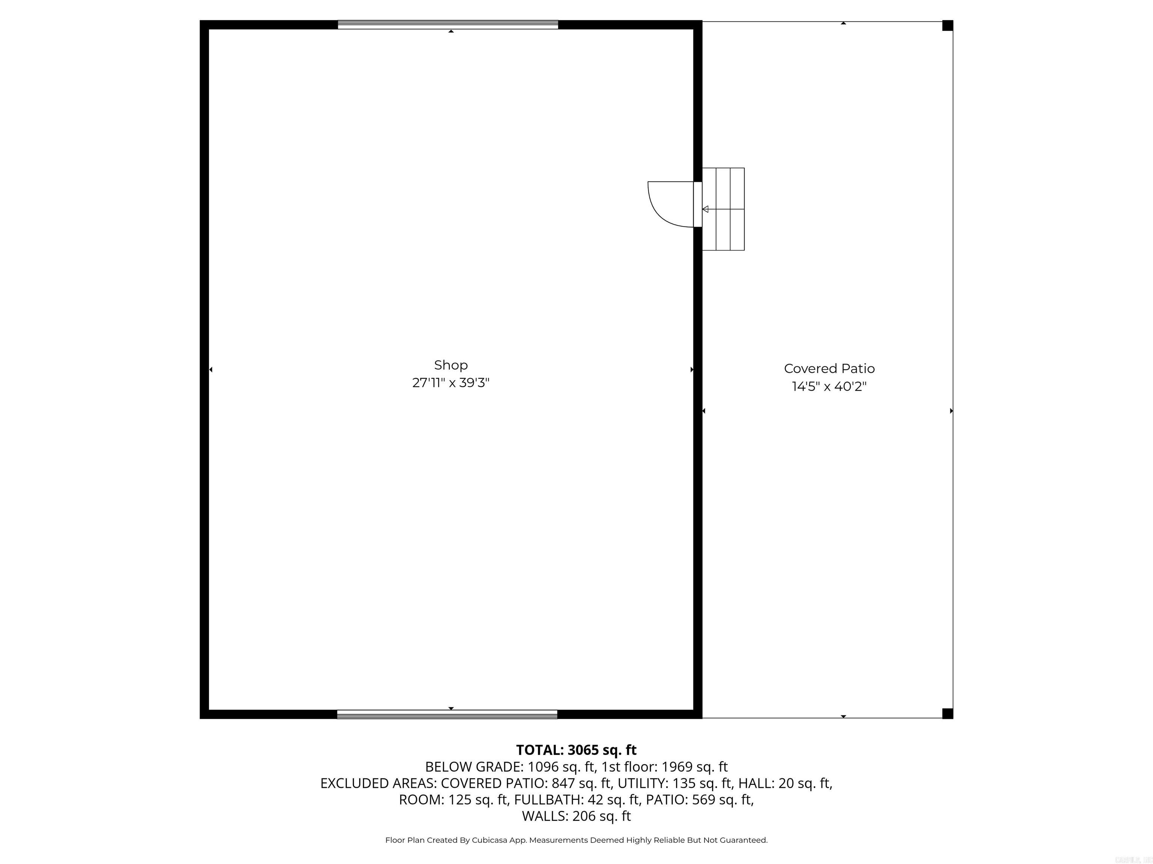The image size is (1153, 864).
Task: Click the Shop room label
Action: (x=451, y=365)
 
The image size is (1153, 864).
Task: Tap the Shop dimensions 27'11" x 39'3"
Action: (x=451, y=383)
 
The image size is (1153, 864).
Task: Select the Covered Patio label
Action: (x=829, y=369)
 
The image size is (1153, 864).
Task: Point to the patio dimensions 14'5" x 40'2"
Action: (x=829, y=386)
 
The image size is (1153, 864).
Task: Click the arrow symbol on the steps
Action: (x=706, y=209)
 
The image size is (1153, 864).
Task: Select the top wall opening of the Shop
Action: (x=448, y=24)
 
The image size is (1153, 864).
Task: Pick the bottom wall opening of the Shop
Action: (x=447, y=714)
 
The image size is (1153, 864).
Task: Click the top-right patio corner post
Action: (x=948, y=25)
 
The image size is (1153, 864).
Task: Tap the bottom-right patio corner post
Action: (x=948, y=714)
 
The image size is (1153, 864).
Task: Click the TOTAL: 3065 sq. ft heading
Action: (x=576, y=750)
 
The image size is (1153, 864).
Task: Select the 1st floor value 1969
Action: (x=677, y=766)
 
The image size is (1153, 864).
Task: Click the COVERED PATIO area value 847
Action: (x=563, y=783)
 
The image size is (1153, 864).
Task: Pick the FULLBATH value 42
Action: (x=595, y=799)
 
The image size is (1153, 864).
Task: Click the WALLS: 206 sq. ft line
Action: (x=576, y=816)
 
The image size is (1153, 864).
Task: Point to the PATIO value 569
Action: (x=704, y=799)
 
